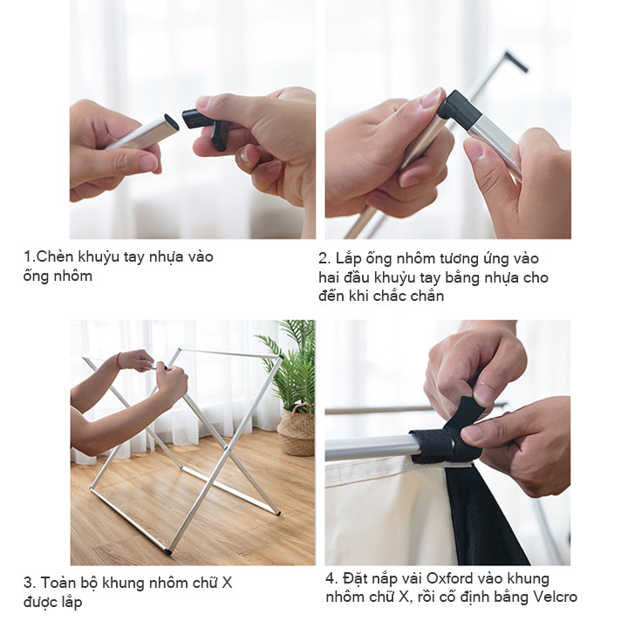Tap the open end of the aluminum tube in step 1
click(172, 122)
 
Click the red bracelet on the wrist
click(119, 360)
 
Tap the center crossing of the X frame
click(226, 448)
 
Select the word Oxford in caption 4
click(449, 579)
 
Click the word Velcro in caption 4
click(555, 597)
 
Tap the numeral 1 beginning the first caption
click(27, 256)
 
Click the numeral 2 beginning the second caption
click(323, 259)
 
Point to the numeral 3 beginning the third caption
click(28, 583)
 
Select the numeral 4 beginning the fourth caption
click(331, 579)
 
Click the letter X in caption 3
click(227, 583)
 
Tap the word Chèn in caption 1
click(54, 256)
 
